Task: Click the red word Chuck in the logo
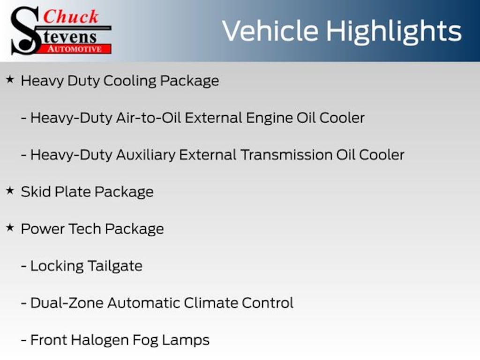[71, 16]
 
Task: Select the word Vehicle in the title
[270, 31]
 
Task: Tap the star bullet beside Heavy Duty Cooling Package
[10, 80]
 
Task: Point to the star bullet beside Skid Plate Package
[10, 190]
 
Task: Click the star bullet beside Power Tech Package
[10, 227]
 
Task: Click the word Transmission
[286, 155]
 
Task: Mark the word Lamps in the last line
[186, 341]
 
